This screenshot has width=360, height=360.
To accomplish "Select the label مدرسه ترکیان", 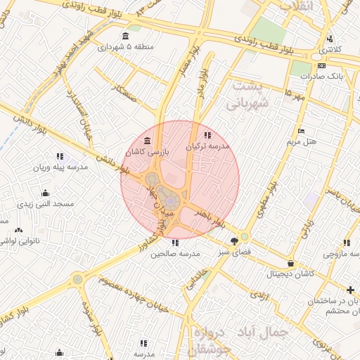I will click(208, 147).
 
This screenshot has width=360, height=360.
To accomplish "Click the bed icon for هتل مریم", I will click(302, 131).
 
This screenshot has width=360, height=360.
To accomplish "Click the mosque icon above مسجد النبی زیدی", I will click(46, 193).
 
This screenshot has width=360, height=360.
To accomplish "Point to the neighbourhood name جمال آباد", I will click(279, 332).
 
